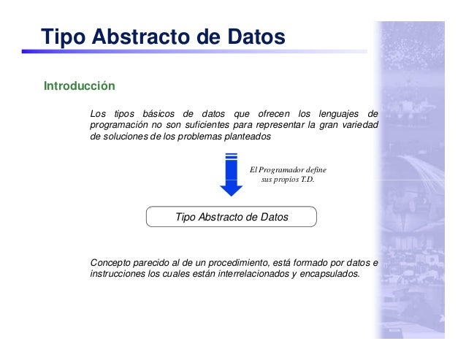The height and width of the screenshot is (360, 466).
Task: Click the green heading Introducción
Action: (x=80, y=86)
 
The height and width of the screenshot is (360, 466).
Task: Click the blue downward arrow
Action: (x=231, y=175)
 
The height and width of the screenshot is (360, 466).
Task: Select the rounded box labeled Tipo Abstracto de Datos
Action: (x=232, y=217)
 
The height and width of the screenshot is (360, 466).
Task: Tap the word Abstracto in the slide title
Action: (x=142, y=37)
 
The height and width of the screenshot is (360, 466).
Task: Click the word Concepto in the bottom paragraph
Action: (x=111, y=263)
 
